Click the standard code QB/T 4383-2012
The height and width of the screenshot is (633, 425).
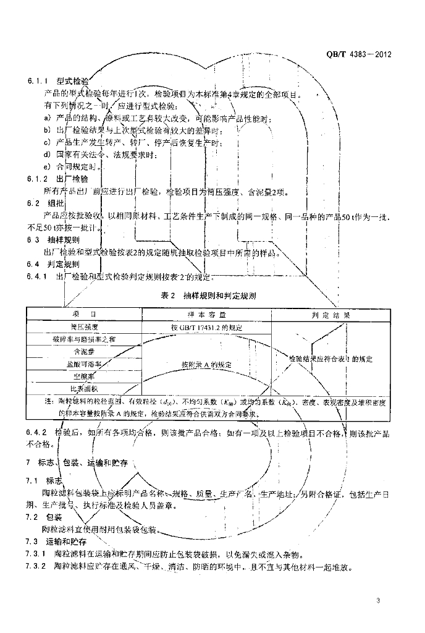point(358,54)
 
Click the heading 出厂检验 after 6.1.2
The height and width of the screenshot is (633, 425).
point(73,179)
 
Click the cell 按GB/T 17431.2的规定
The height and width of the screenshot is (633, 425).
point(206,327)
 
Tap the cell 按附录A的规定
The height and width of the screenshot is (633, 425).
point(206,365)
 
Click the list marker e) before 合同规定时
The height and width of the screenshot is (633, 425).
point(46,167)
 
